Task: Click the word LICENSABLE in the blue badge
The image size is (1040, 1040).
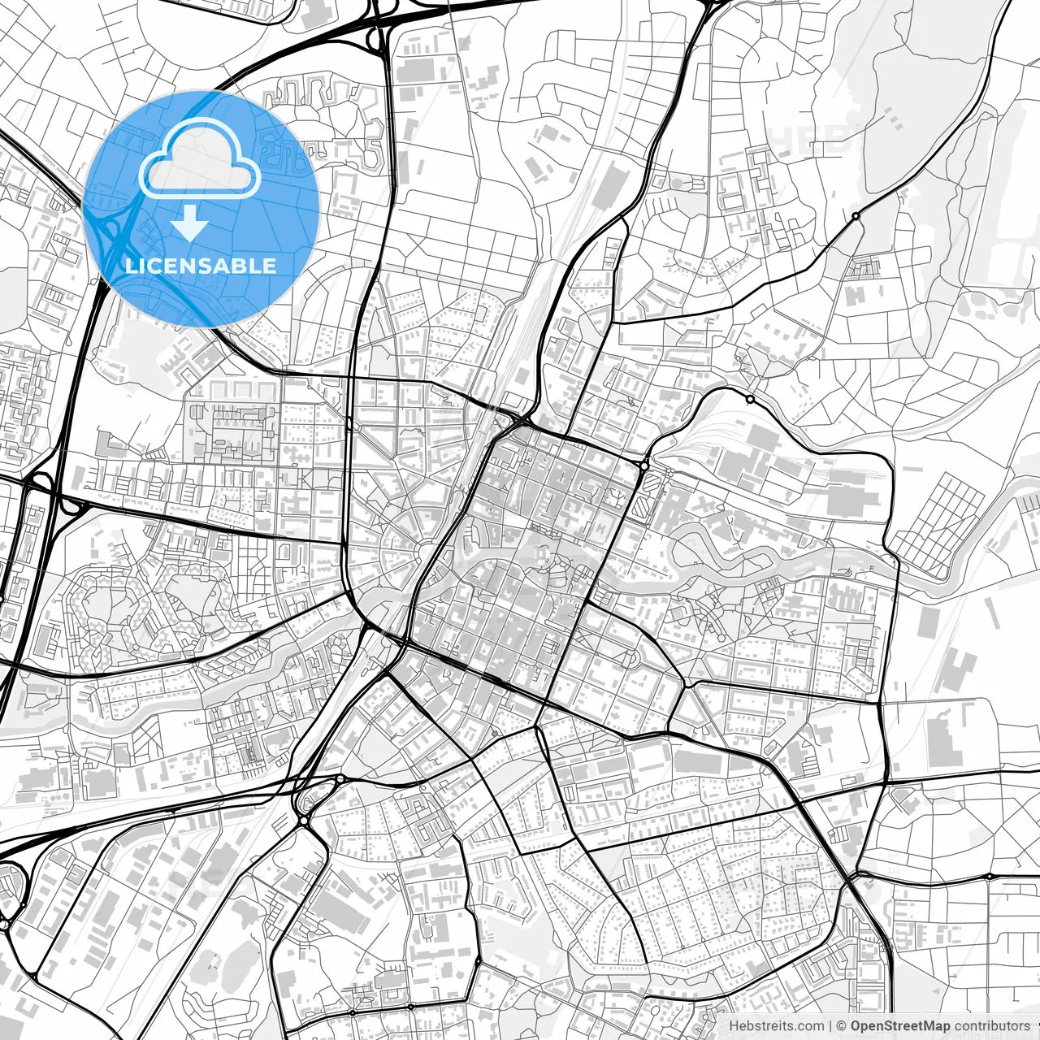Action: [201, 266]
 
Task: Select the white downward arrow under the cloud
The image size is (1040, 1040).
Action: [189, 223]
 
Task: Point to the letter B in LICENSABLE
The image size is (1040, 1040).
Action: [240, 266]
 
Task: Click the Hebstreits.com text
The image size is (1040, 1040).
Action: [776, 1026]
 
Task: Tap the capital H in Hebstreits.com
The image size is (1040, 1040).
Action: [734, 1026]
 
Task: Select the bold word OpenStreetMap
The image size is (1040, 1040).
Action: [900, 1026]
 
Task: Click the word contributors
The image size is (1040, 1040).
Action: [992, 1026]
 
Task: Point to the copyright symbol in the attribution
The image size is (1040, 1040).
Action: [841, 1026]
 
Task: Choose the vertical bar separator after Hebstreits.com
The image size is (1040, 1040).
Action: [830, 1026]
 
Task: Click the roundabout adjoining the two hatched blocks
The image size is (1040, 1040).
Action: [643, 466]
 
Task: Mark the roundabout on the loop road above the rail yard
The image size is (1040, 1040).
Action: [749, 399]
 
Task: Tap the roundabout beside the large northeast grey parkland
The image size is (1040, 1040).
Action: [855, 216]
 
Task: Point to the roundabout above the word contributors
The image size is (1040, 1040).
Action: [989, 877]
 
